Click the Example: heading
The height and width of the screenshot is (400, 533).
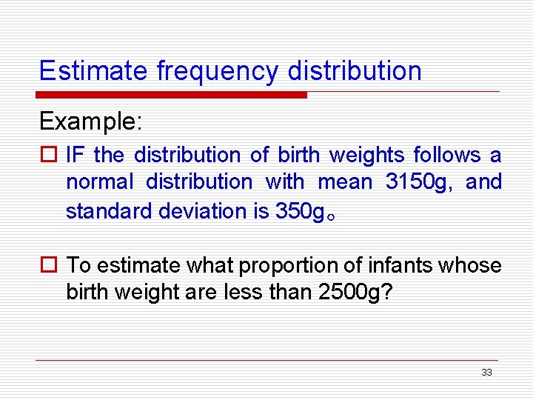90,121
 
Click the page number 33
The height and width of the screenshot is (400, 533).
486,373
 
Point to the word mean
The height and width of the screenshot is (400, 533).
344,181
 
